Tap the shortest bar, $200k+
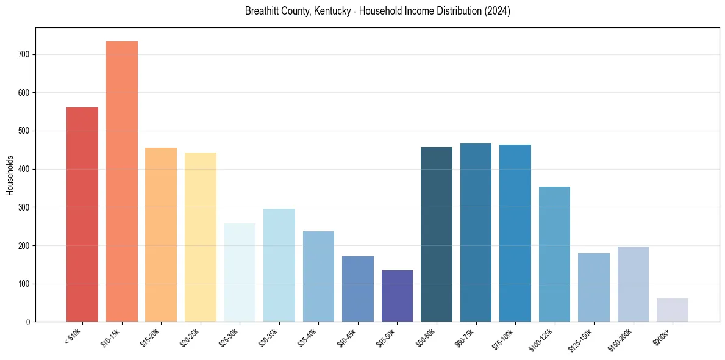click(673, 310)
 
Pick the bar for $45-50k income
click(397, 296)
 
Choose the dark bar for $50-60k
click(437, 234)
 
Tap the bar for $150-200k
click(633, 284)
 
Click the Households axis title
click(10, 175)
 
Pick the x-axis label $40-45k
click(347, 337)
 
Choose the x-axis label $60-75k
click(465, 337)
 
